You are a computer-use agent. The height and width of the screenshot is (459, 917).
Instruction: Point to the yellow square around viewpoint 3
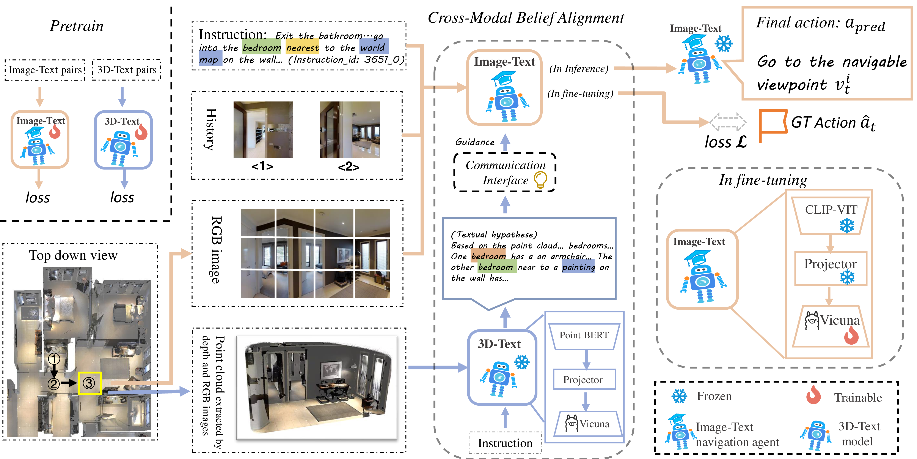pyautogui.click(x=90, y=383)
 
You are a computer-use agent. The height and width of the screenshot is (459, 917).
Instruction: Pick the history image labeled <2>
pyautogui.click(x=350, y=130)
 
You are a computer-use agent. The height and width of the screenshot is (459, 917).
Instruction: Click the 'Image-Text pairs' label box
pyautogui.click(x=45, y=70)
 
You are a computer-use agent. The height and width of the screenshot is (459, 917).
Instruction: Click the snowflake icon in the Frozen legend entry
pyautogui.click(x=679, y=396)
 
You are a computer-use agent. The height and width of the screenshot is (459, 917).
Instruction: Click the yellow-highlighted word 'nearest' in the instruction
pyautogui.click(x=303, y=48)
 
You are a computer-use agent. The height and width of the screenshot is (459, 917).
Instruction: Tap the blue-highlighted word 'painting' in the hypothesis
pyautogui.click(x=578, y=267)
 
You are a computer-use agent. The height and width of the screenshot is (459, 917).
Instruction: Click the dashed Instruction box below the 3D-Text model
pyautogui.click(x=505, y=443)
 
